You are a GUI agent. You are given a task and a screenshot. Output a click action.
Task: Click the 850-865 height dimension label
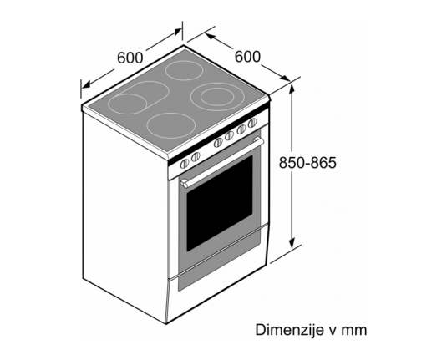pyautogui.click(x=307, y=163)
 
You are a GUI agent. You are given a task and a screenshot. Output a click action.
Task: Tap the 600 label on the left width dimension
pyautogui.click(x=130, y=58)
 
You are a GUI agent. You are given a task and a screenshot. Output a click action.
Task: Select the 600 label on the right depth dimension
pyautogui.click(x=247, y=57)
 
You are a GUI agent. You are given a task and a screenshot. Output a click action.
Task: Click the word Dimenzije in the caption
pyautogui.click(x=289, y=330)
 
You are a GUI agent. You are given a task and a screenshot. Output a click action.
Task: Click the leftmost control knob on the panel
pyautogui.click(x=185, y=164)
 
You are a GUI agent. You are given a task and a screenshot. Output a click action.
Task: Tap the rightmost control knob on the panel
pyautogui.click(x=252, y=123)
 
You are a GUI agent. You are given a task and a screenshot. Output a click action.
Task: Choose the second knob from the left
pyautogui.click(x=196, y=157)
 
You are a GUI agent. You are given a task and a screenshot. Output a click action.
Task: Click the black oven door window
pyautogui.click(x=220, y=203)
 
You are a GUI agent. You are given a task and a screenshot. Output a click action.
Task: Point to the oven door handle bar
pyautogui.click(x=222, y=161)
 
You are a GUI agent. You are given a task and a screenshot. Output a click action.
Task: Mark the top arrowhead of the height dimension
pyautogui.click(x=292, y=88)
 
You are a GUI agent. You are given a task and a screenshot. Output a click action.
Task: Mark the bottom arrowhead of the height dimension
pyautogui.click(x=292, y=243)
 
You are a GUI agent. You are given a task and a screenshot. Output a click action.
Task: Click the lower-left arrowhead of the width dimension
pyautogui.click(x=87, y=84)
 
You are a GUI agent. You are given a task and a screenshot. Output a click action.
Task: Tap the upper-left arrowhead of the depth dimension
pyautogui.click(x=210, y=37)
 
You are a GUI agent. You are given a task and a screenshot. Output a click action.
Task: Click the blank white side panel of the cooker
pyautogui.click(x=124, y=216)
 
